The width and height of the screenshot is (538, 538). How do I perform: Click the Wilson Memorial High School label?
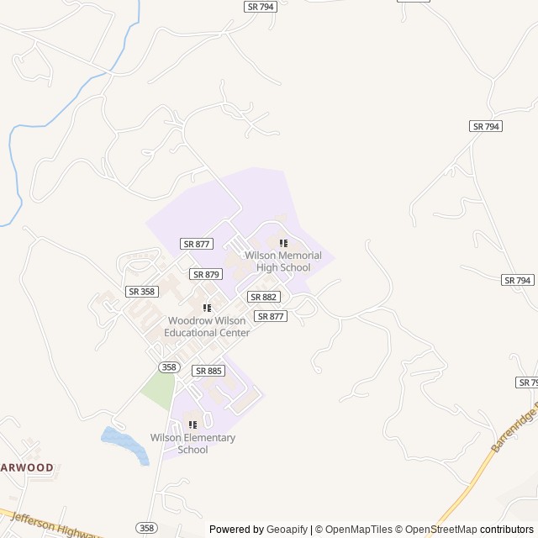point(277,261)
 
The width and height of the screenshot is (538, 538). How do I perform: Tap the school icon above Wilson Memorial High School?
point(283,244)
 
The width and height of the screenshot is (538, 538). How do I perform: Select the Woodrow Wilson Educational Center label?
point(207,326)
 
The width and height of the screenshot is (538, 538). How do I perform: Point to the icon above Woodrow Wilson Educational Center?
point(207,309)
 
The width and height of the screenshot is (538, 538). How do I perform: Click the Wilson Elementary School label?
point(193,443)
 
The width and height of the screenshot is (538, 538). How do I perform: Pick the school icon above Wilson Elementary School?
point(193,425)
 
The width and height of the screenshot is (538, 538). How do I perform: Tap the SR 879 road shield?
point(206,274)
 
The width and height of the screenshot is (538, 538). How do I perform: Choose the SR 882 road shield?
point(263,297)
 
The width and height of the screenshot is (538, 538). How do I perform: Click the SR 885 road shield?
point(208,371)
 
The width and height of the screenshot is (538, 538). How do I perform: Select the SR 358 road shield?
point(141,292)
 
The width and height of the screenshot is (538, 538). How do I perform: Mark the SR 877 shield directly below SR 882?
point(271,316)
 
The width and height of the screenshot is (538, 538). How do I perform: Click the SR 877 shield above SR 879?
point(196,244)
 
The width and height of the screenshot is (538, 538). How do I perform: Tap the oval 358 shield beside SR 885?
point(169,367)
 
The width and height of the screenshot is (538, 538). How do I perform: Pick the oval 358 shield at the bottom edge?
point(146,527)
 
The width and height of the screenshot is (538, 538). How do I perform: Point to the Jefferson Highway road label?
point(55,524)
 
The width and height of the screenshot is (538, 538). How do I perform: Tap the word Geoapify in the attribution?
point(287,530)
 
